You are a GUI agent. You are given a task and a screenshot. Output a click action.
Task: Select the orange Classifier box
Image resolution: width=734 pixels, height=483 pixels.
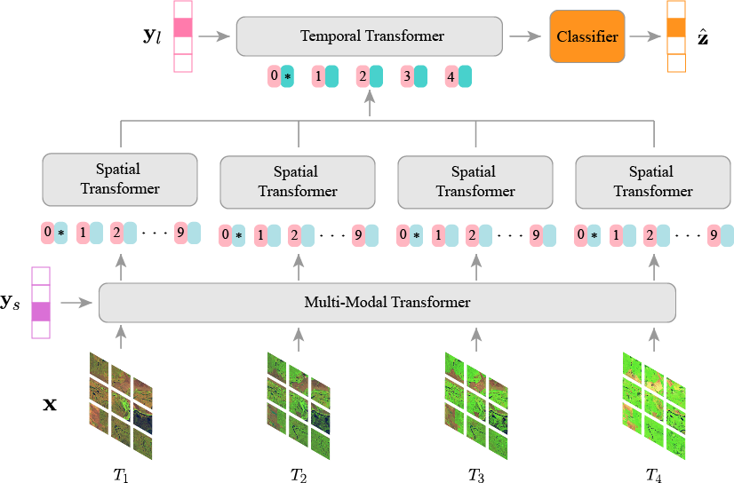[586, 36]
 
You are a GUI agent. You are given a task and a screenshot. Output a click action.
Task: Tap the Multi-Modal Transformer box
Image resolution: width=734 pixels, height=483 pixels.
[387, 303]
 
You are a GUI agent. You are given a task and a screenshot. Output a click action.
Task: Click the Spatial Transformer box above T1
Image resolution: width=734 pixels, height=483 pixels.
[120, 178]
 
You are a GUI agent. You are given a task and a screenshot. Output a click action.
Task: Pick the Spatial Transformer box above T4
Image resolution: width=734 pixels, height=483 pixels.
[653, 181]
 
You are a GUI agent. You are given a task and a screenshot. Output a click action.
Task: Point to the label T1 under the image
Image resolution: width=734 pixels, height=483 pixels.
[121, 474]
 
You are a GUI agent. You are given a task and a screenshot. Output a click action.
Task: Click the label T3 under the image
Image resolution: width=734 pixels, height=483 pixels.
[476, 474]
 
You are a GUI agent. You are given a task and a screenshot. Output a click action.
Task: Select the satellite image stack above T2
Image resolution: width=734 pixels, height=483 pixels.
[299, 404]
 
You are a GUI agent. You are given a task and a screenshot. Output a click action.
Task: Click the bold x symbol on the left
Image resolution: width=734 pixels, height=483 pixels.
[51, 405]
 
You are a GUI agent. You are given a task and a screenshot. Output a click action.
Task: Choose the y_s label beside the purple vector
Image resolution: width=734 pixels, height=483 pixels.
[12, 303]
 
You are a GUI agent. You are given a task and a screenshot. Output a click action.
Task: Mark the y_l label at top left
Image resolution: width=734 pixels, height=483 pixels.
[154, 38]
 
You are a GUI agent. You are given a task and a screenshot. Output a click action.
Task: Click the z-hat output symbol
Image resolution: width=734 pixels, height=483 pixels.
[703, 36]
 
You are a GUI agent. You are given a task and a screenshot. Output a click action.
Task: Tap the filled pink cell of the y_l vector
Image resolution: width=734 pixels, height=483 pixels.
[183, 28]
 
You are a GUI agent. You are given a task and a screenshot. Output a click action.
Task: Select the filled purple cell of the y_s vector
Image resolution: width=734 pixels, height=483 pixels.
[41, 312]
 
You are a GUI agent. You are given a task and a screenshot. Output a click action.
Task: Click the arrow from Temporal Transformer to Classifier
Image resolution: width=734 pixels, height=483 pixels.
[525, 36]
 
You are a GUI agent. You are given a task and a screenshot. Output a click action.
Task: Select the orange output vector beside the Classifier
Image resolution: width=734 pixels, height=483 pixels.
[676, 36]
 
